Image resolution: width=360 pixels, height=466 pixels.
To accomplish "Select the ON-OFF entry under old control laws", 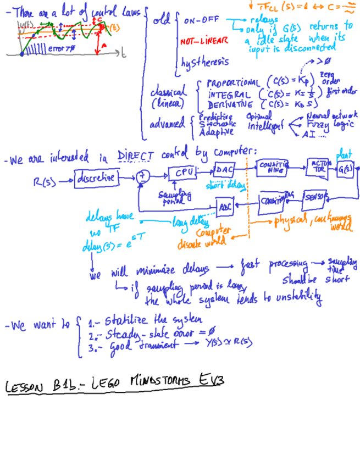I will pyautogui.click(x=201, y=21).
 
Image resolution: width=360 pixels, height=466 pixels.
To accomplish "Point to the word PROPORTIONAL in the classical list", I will pyautogui.click(x=233, y=84).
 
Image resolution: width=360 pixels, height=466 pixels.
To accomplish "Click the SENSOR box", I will pyautogui.click(x=314, y=196).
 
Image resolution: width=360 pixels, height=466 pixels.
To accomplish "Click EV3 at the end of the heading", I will pyautogui.click(x=211, y=380).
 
